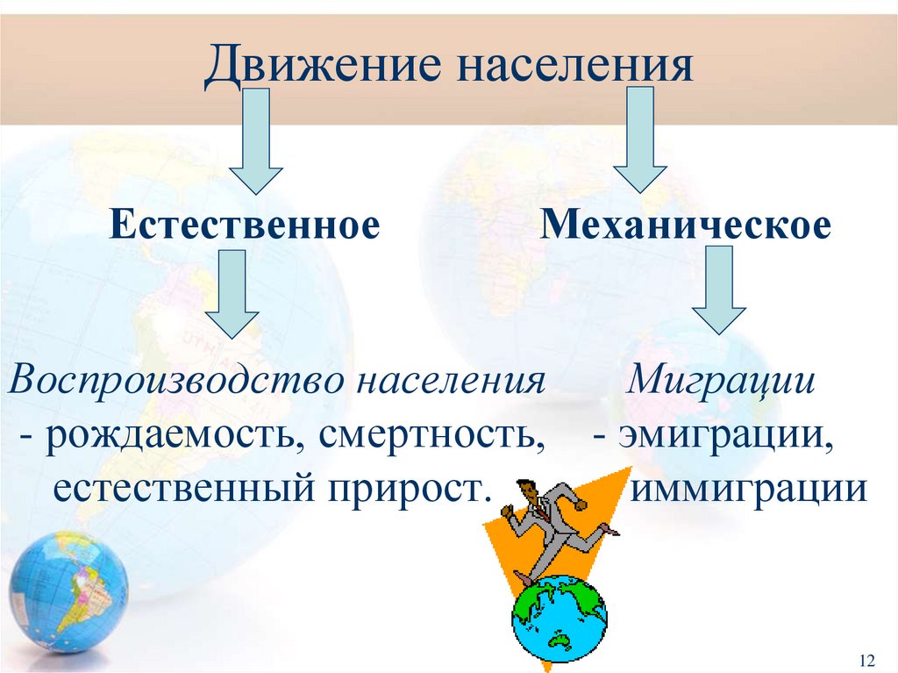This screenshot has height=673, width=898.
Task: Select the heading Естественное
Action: click(x=245, y=226)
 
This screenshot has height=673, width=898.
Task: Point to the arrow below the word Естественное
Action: click(x=232, y=293)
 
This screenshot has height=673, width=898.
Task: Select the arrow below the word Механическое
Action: click(x=718, y=289)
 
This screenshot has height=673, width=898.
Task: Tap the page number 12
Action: click(x=868, y=659)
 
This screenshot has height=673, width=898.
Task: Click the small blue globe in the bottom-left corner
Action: click(x=68, y=591)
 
